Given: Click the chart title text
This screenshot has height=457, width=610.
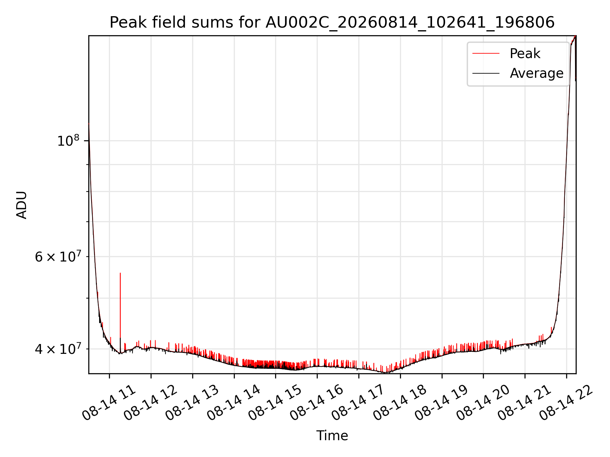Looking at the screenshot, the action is coord(332,23).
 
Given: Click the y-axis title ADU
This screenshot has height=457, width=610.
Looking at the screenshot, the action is coord(22,205).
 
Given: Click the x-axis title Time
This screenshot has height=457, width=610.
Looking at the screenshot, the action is coord(332,436).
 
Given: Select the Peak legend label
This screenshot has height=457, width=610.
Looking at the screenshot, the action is coord(525,54).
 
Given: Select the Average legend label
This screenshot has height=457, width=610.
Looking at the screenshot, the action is coord(537,73).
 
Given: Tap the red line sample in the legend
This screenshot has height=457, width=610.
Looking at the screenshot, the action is coord(486,54).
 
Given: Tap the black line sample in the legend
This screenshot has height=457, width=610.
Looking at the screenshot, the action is coord(486,73).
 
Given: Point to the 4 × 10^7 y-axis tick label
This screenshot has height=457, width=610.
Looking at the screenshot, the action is coord(58,348).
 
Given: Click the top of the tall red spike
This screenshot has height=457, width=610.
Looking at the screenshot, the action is coord(120,273).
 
